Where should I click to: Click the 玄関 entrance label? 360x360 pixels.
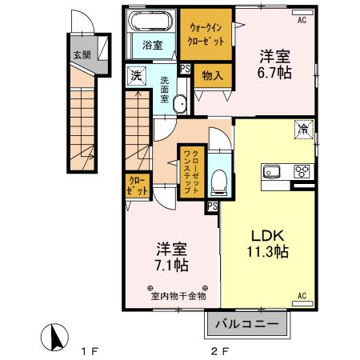pyautogui.click(x=82, y=55)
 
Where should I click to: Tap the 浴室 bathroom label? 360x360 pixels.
pyautogui.click(x=153, y=45)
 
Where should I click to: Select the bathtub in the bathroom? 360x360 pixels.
pyautogui.click(x=153, y=22)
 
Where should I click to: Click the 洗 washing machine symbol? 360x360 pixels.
pyautogui.click(x=136, y=76)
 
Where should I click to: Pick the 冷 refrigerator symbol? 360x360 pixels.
pyautogui.click(x=303, y=128)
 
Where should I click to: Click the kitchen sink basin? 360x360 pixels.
pyautogui.click(x=270, y=170)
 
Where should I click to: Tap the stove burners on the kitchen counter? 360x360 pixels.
pyautogui.click(x=303, y=170)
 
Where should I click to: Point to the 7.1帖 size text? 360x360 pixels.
pyautogui.click(x=171, y=265)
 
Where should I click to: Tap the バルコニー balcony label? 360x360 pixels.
pyautogui.click(x=249, y=326)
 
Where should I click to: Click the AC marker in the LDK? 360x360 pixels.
pyautogui.click(x=302, y=297)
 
